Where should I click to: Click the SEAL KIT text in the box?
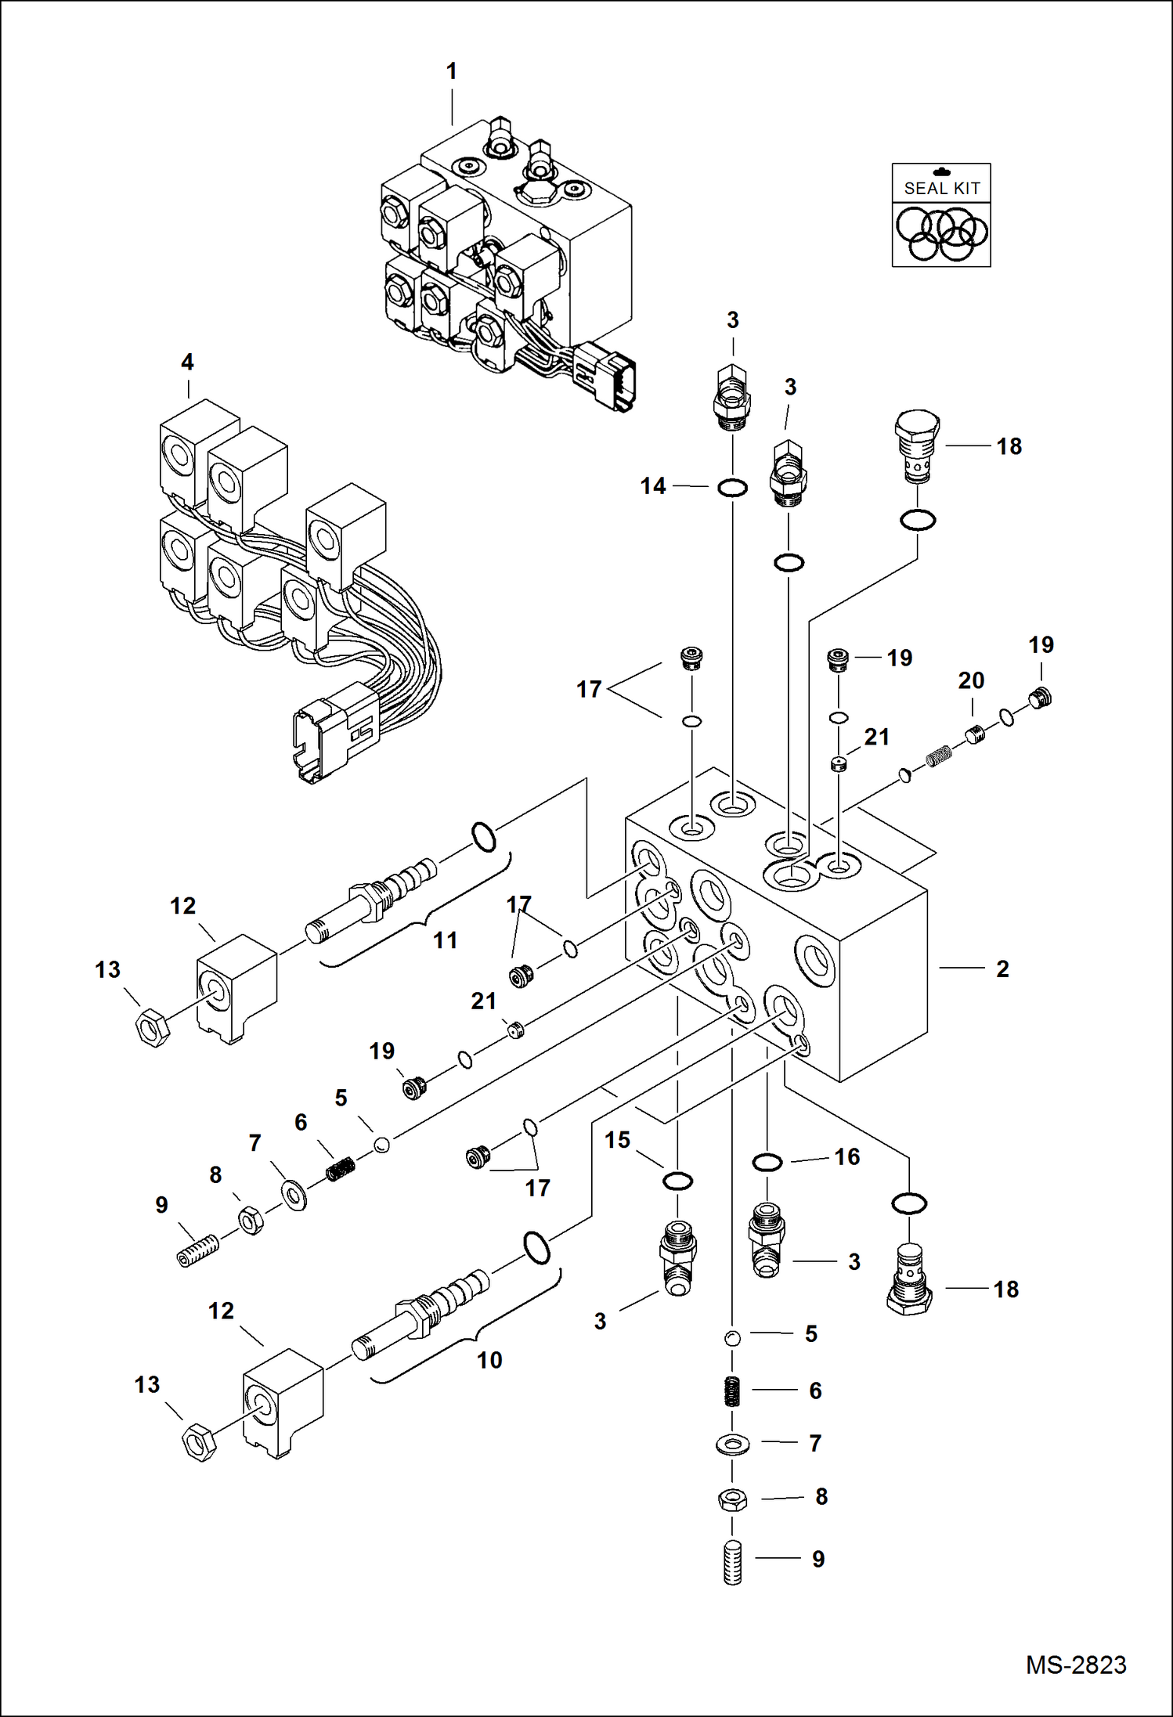tap(941, 189)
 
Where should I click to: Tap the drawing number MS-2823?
tap(1076, 1665)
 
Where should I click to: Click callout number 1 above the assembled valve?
tap(451, 72)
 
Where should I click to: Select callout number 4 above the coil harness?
tap(187, 363)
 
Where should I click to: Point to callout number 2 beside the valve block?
tap(1002, 969)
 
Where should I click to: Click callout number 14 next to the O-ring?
tap(652, 486)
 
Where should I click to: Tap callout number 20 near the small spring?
tap(971, 680)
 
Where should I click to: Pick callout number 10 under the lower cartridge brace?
tap(489, 1360)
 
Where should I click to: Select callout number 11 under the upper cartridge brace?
tap(446, 940)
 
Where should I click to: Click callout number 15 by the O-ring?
tap(617, 1140)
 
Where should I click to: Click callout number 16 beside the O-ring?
tap(847, 1156)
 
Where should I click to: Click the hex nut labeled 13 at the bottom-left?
tap(198, 1442)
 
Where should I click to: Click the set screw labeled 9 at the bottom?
tap(733, 1564)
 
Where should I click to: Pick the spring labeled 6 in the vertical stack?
tap(733, 1391)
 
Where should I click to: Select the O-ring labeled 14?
tap(733, 488)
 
